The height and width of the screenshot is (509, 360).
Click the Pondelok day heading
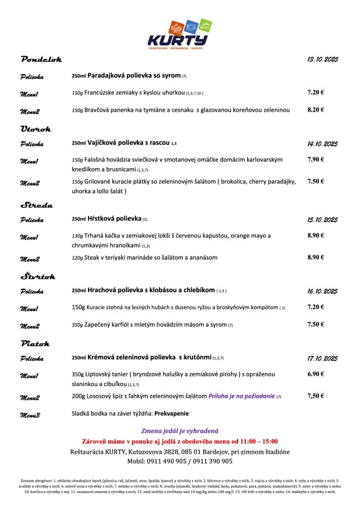click(x=41, y=60)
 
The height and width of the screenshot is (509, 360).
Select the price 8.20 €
click(x=315, y=110)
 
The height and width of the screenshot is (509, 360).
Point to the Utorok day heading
click(x=36, y=128)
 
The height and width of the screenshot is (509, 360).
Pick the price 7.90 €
click(x=315, y=159)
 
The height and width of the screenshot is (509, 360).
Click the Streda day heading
click(x=37, y=205)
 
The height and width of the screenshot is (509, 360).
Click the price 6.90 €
click(x=315, y=374)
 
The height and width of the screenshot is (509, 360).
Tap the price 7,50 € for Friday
click(x=315, y=396)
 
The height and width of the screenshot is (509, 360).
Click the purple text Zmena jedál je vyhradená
click(x=179, y=430)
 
